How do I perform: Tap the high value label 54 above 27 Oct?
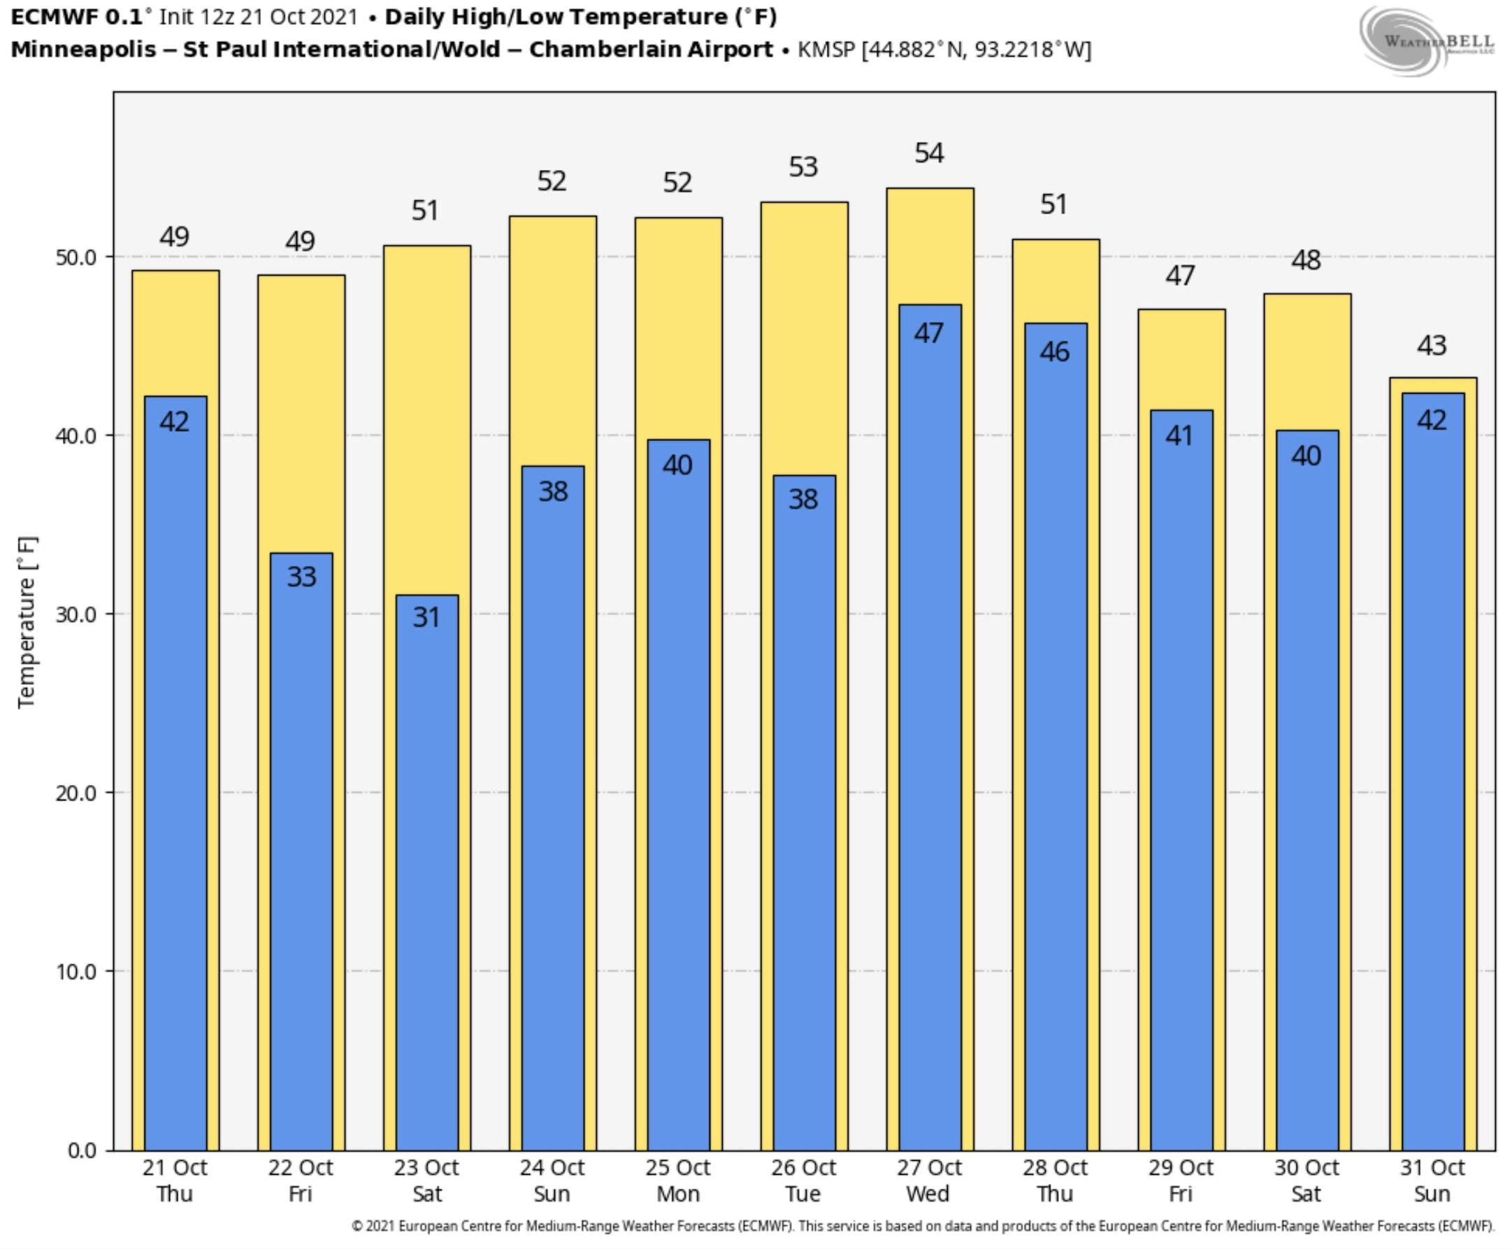tap(929, 153)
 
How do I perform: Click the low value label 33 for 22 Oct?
tap(301, 577)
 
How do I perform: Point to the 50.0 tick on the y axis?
tap(76, 257)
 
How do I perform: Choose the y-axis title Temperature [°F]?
tap(27, 622)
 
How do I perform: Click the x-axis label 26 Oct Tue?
tap(803, 1181)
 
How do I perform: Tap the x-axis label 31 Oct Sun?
tap(1432, 1181)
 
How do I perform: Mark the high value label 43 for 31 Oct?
tap(1432, 346)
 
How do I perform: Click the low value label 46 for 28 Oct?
tap(1055, 352)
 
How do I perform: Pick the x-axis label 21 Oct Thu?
tap(175, 1181)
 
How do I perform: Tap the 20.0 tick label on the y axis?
tap(76, 793)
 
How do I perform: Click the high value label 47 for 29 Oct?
tap(1180, 275)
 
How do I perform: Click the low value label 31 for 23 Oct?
tap(426, 617)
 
